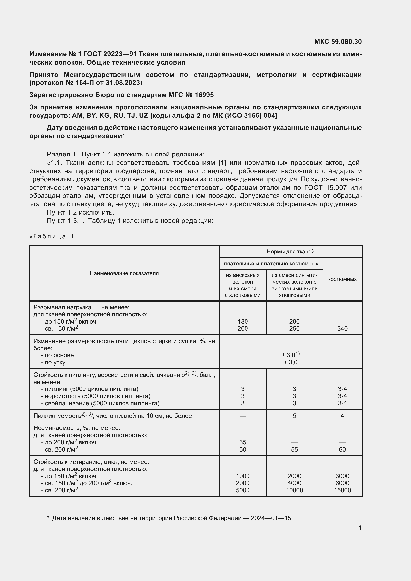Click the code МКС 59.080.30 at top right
click(338, 42)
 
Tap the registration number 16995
click(204, 95)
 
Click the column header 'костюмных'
click(342, 279)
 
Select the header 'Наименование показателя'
click(124, 273)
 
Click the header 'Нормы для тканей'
click(290, 252)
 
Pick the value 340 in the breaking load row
click(342, 328)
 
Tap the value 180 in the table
click(243, 321)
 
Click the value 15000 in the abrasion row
click(342, 490)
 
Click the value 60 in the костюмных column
click(342, 449)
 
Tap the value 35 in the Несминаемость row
click(243, 442)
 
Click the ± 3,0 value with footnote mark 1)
click(290, 355)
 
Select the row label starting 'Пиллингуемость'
click(112, 416)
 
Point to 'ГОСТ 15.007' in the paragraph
click(333, 188)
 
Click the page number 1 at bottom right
click(360, 528)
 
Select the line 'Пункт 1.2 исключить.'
click(81, 212)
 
